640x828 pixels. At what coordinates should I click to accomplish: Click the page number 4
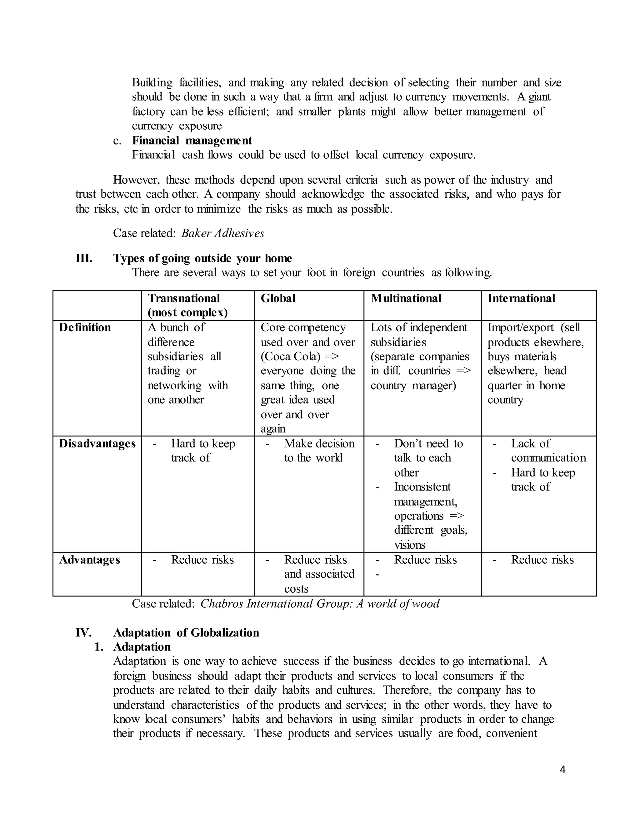(562, 770)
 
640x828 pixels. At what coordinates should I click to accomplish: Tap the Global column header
(278, 298)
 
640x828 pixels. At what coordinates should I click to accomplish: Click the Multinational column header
(406, 298)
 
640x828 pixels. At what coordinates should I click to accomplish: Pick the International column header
(521, 298)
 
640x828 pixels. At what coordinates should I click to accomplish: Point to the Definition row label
(85, 327)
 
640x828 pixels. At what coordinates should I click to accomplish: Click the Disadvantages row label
(97, 444)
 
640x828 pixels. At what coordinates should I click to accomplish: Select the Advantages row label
(89, 560)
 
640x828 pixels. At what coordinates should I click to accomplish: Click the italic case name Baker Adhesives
(222, 233)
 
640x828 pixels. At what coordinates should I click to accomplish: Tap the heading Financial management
(192, 141)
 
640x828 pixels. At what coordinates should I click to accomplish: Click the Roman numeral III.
(84, 259)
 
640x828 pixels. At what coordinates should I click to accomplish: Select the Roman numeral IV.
(83, 633)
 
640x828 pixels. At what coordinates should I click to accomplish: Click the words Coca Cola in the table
(290, 357)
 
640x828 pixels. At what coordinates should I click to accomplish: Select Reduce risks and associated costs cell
(318, 574)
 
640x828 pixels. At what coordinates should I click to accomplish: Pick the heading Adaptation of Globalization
(186, 633)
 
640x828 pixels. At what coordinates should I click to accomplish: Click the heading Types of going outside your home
(202, 259)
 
